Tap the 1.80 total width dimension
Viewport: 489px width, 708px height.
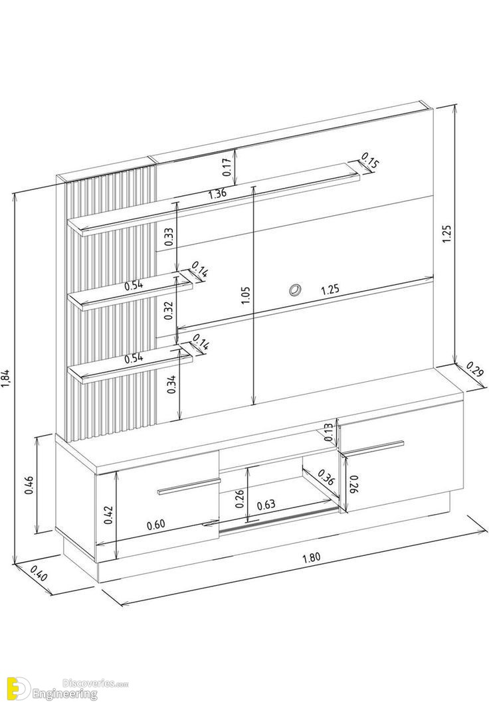pyautogui.click(x=311, y=557)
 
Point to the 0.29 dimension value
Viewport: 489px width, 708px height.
pyautogui.click(x=475, y=369)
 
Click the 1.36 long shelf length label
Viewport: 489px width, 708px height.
pyautogui.click(x=218, y=194)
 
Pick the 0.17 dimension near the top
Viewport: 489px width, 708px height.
pyautogui.click(x=227, y=167)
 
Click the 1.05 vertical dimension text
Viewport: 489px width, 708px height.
pyautogui.click(x=246, y=295)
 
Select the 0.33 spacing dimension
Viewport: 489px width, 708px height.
pyautogui.click(x=169, y=236)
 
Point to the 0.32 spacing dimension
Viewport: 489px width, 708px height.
pyautogui.click(x=169, y=310)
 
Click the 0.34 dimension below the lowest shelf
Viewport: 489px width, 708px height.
pyautogui.click(x=171, y=385)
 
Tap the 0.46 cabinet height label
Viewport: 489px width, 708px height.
pyautogui.click(x=29, y=486)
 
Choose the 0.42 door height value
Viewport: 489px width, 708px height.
pyautogui.click(x=108, y=515)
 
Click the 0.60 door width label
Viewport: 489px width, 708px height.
pyautogui.click(x=155, y=525)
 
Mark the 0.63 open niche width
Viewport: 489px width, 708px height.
pyautogui.click(x=266, y=505)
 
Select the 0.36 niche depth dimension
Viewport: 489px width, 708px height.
pyautogui.click(x=326, y=477)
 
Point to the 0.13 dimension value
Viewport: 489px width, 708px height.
pyautogui.click(x=329, y=432)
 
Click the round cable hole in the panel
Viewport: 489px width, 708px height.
pyautogui.click(x=295, y=290)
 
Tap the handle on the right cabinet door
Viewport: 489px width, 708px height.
pyautogui.click(x=373, y=446)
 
